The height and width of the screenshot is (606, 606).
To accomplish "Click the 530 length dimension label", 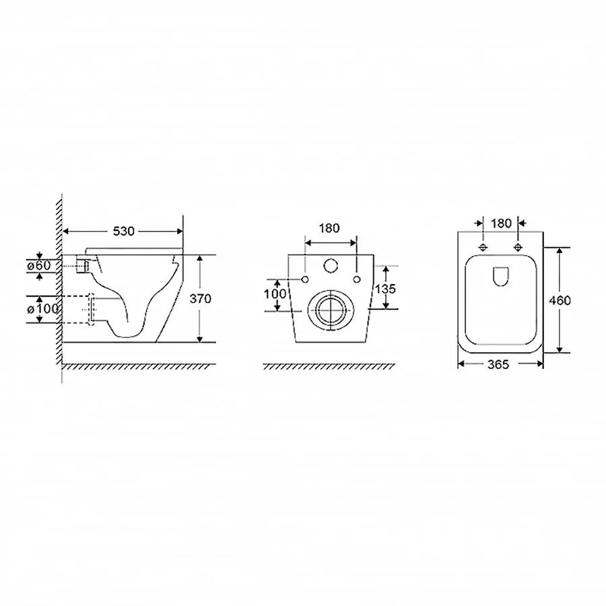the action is tap(124, 231).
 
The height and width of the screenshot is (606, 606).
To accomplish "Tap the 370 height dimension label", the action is tap(200, 298).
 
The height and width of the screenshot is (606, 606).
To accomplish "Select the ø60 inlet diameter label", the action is tap(38, 265).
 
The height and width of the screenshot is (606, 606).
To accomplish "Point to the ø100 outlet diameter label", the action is tap(42, 309).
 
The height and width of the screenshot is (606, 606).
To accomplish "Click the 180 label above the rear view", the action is tap(329, 228).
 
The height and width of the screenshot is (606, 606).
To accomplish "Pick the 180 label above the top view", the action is tap(501, 224).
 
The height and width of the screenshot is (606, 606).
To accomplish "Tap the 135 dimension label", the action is tap(385, 289).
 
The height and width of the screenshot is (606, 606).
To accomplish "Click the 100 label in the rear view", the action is tap(275, 294).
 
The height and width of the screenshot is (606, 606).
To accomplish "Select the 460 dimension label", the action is tap(560, 300).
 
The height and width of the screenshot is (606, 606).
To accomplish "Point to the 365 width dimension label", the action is tap(498, 364).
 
